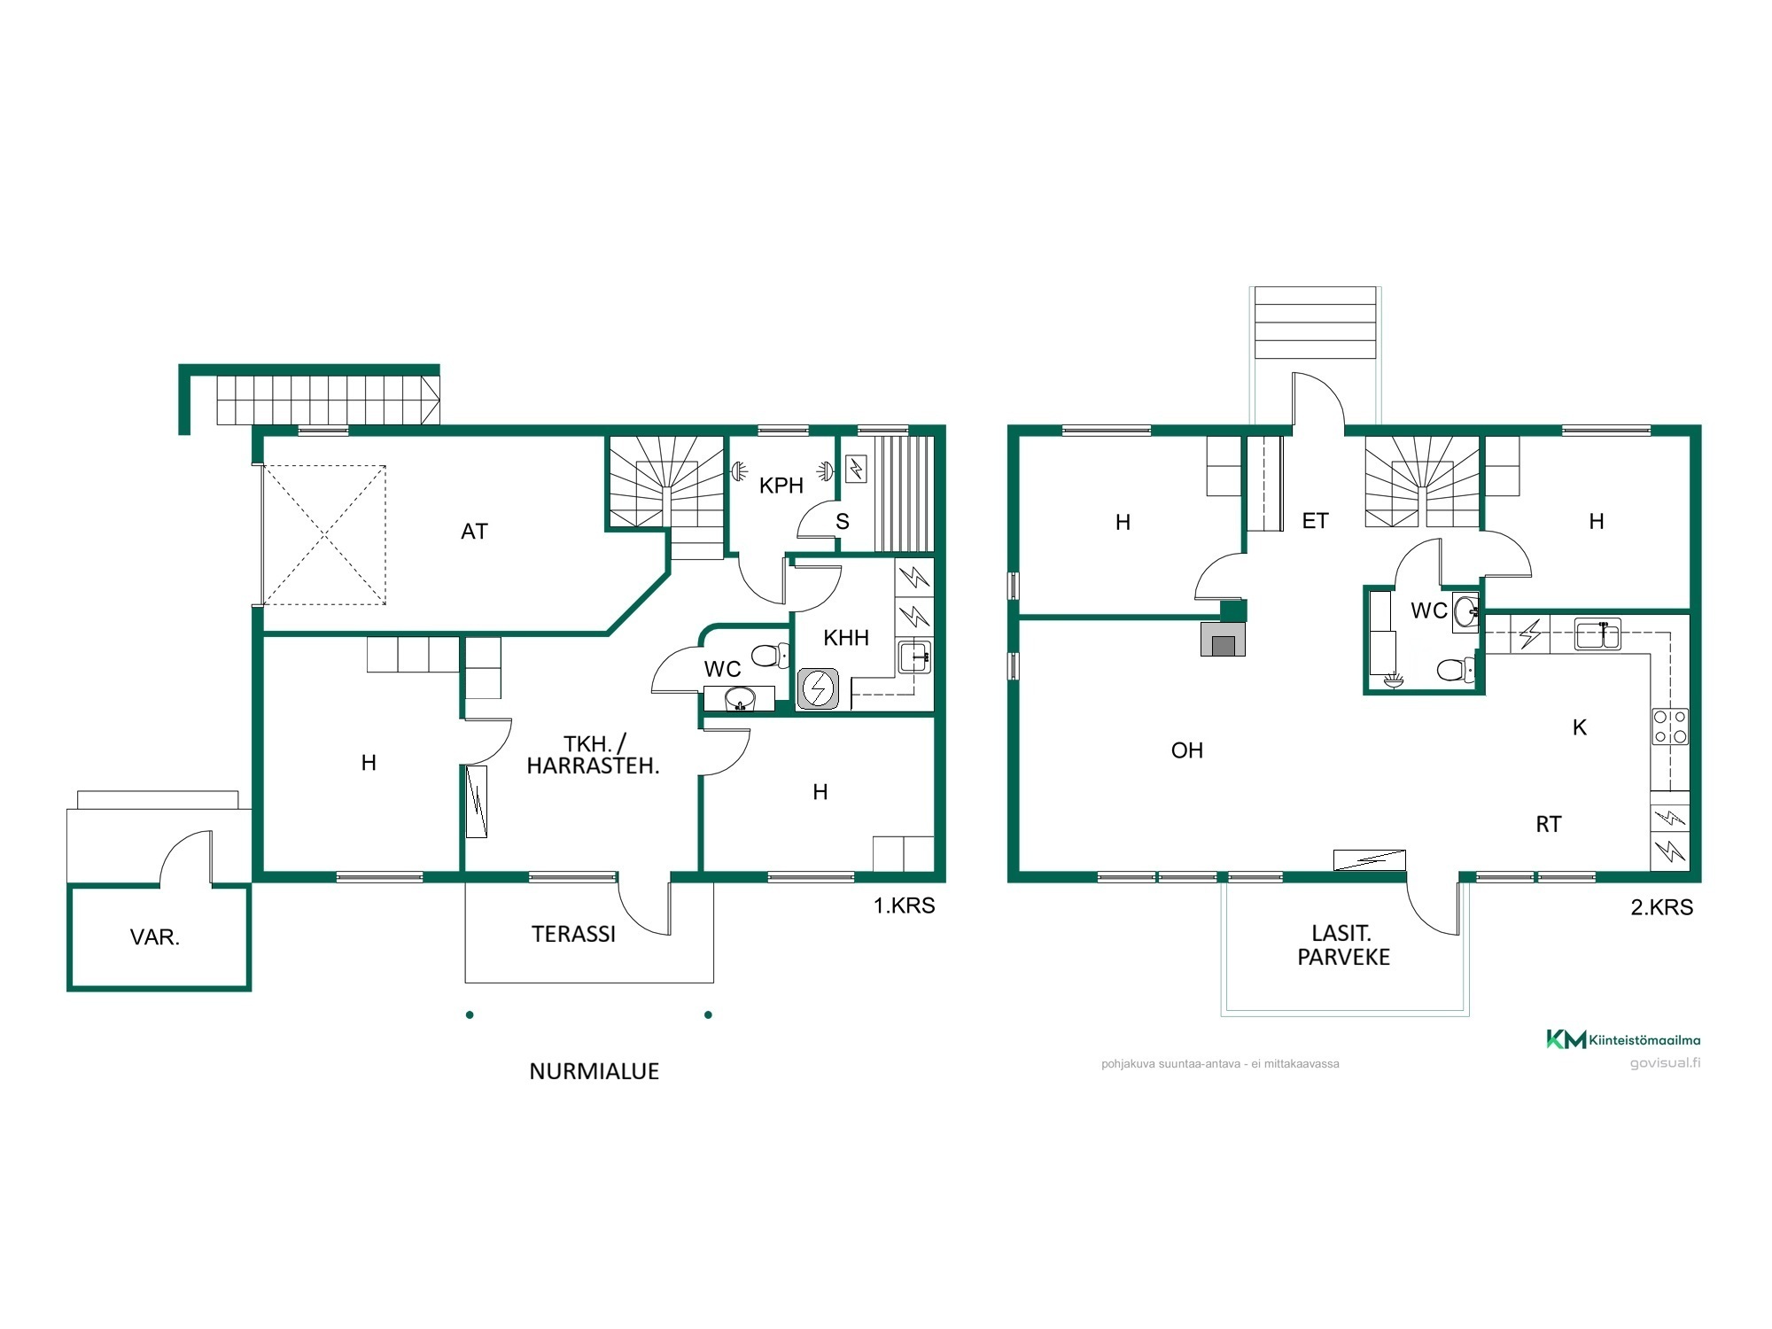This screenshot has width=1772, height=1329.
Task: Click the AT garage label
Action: [474, 532]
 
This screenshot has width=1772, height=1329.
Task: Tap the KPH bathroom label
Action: [781, 486]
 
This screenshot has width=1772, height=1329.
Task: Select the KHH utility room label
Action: [846, 638]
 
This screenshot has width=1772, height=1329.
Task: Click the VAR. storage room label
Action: [155, 937]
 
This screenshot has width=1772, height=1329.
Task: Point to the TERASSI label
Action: [573, 934]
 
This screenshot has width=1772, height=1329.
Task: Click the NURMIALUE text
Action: [595, 1071]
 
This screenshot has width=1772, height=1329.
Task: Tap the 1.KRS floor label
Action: [905, 905]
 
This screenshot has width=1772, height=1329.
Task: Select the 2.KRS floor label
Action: [1662, 907]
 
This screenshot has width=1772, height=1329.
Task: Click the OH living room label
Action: [1187, 750]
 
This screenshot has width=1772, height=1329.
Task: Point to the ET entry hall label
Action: [1316, 521]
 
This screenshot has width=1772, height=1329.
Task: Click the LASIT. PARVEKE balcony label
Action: [1343, 944]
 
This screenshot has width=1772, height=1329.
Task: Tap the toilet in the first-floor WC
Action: [770, 656]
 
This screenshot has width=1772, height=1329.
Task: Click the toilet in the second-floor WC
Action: [1456, 670]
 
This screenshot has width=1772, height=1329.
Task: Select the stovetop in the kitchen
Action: [1670, 727]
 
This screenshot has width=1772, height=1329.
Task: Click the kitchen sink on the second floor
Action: [1597, 635]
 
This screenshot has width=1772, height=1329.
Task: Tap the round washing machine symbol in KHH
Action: [818, 689]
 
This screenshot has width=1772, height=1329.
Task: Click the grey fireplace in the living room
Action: [1223, 639]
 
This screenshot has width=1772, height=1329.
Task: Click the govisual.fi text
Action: [1666, 1063]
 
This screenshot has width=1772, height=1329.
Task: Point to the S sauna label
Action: [843, 522]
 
